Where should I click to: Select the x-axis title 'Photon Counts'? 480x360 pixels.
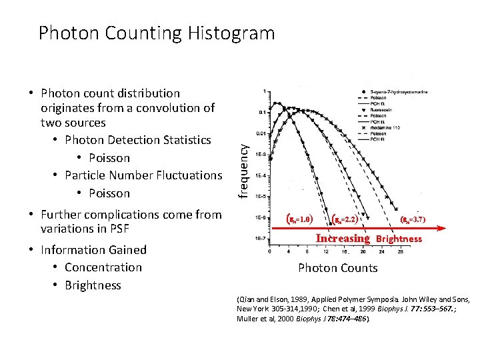pos(337,268)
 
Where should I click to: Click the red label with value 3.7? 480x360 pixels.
pos(413,219)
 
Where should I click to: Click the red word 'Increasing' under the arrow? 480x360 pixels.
pos(342,238)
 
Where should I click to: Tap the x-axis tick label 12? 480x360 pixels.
pos(325,252)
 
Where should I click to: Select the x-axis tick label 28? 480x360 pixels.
pos(399,252)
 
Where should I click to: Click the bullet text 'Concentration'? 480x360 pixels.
pos(103,267)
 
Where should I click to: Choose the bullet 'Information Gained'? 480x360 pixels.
pos(93,250)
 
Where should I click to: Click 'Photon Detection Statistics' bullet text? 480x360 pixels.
pos(137,140)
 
